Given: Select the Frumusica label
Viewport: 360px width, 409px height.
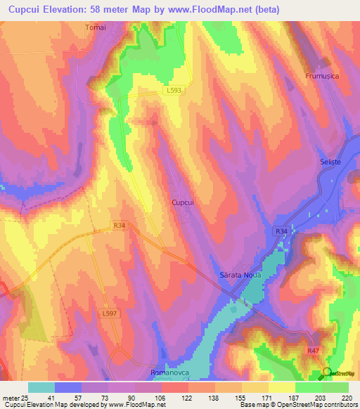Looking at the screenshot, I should (323, 75).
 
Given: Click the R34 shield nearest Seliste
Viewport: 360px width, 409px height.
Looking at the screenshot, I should (281, 231).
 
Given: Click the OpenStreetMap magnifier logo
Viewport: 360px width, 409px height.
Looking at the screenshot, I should (326, 372).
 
